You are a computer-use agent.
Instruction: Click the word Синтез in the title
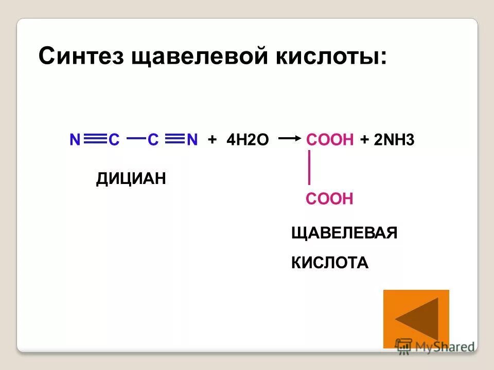82,56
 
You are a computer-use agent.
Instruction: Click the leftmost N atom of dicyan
75,139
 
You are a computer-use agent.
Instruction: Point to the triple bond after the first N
95,139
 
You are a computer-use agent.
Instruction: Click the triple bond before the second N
175,139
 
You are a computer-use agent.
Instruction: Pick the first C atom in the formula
114,139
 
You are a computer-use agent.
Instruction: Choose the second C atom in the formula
153,139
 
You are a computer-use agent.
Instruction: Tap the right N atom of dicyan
192,139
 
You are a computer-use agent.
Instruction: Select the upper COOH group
330,139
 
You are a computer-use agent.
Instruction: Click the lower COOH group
329,199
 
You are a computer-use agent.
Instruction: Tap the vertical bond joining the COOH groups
309,168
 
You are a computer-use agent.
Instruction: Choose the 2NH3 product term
394,139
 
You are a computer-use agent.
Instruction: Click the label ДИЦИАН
131,179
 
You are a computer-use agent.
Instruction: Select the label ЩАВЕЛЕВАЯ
344,233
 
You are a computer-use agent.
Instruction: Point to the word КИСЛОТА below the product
330,263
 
